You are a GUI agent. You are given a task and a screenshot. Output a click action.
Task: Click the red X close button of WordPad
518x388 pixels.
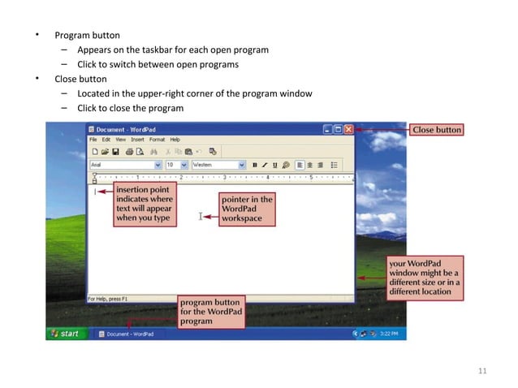click(x=348, y=129)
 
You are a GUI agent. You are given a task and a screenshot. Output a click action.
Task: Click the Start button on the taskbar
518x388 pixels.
click(x=65, y=333)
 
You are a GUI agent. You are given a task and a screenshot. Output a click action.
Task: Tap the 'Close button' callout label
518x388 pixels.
click(x=437, y=129)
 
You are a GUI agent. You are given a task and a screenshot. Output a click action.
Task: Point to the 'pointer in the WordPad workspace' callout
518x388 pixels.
click(x=248, y=209)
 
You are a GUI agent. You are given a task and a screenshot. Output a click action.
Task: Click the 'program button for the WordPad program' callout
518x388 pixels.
click(x=211, y=312)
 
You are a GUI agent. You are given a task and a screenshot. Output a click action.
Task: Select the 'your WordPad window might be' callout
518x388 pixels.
click(x=425, y=277)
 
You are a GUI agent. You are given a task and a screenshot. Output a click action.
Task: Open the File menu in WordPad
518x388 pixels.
click(x=93, y=140)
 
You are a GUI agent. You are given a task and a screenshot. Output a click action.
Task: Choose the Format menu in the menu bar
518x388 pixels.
click(x=156, y=140)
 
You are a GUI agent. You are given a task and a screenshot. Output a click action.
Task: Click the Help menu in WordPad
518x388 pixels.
click(x=175, y=140)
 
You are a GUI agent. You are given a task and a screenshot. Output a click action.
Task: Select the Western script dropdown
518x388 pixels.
click(x=218, y=164)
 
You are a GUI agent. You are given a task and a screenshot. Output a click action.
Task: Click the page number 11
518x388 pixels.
click(x=482, y=371)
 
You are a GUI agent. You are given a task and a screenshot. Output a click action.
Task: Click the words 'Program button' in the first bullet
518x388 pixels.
click(x=87, y=35)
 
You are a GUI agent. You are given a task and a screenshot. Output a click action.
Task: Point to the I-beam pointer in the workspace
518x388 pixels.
click(x=201, y=217)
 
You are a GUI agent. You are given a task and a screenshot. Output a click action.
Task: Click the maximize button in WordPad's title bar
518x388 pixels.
click(x=338, y=129)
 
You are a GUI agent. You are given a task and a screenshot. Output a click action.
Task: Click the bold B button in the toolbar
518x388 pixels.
click(x=254, y=164)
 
